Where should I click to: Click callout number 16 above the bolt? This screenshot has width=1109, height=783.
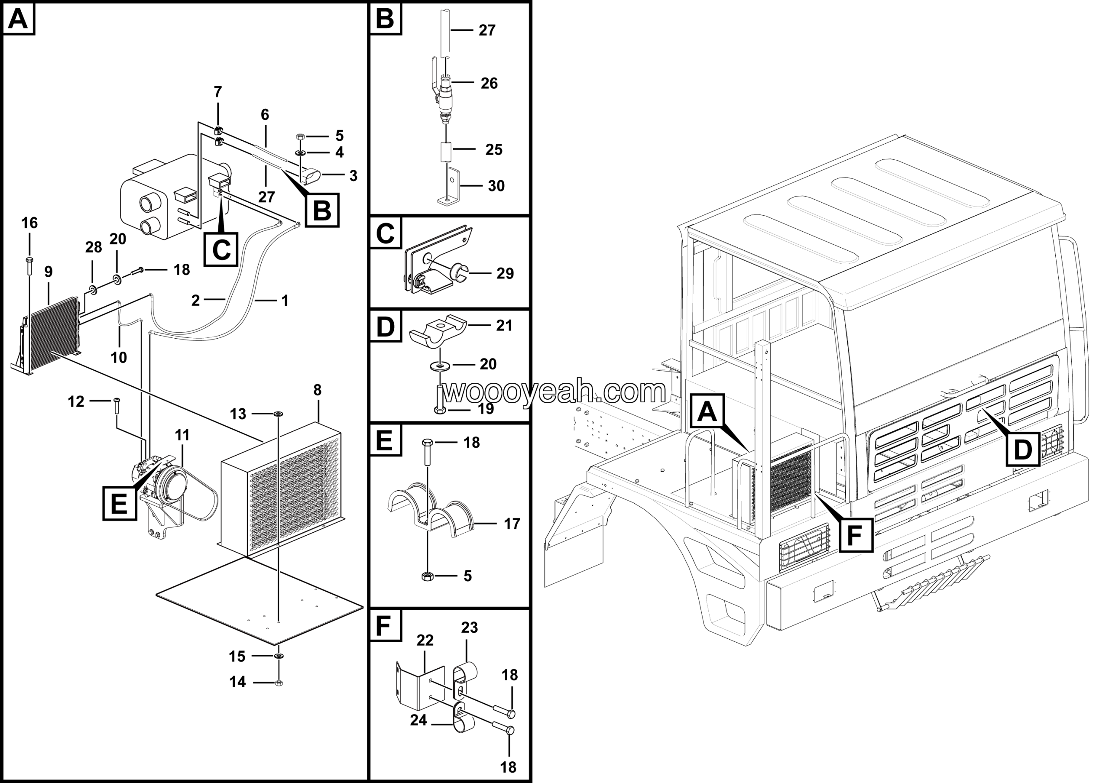29,223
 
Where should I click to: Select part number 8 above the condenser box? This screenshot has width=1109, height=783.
318,390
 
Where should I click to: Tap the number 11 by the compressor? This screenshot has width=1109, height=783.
182,435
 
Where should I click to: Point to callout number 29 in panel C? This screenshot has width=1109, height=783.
505,273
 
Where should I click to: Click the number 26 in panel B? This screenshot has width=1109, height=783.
489,84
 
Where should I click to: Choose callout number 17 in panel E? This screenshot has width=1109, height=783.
512,524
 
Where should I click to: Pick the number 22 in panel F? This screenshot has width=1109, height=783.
425,641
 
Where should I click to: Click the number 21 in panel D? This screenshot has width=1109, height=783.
504,325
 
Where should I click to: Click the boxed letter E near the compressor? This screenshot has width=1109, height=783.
119,504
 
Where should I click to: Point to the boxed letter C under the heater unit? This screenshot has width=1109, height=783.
221,249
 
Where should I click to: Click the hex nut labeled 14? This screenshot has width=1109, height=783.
278,683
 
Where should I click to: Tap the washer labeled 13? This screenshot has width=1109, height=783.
279,414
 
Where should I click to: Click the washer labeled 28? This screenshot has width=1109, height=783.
92,290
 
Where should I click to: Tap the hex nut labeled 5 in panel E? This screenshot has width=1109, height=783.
427,576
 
